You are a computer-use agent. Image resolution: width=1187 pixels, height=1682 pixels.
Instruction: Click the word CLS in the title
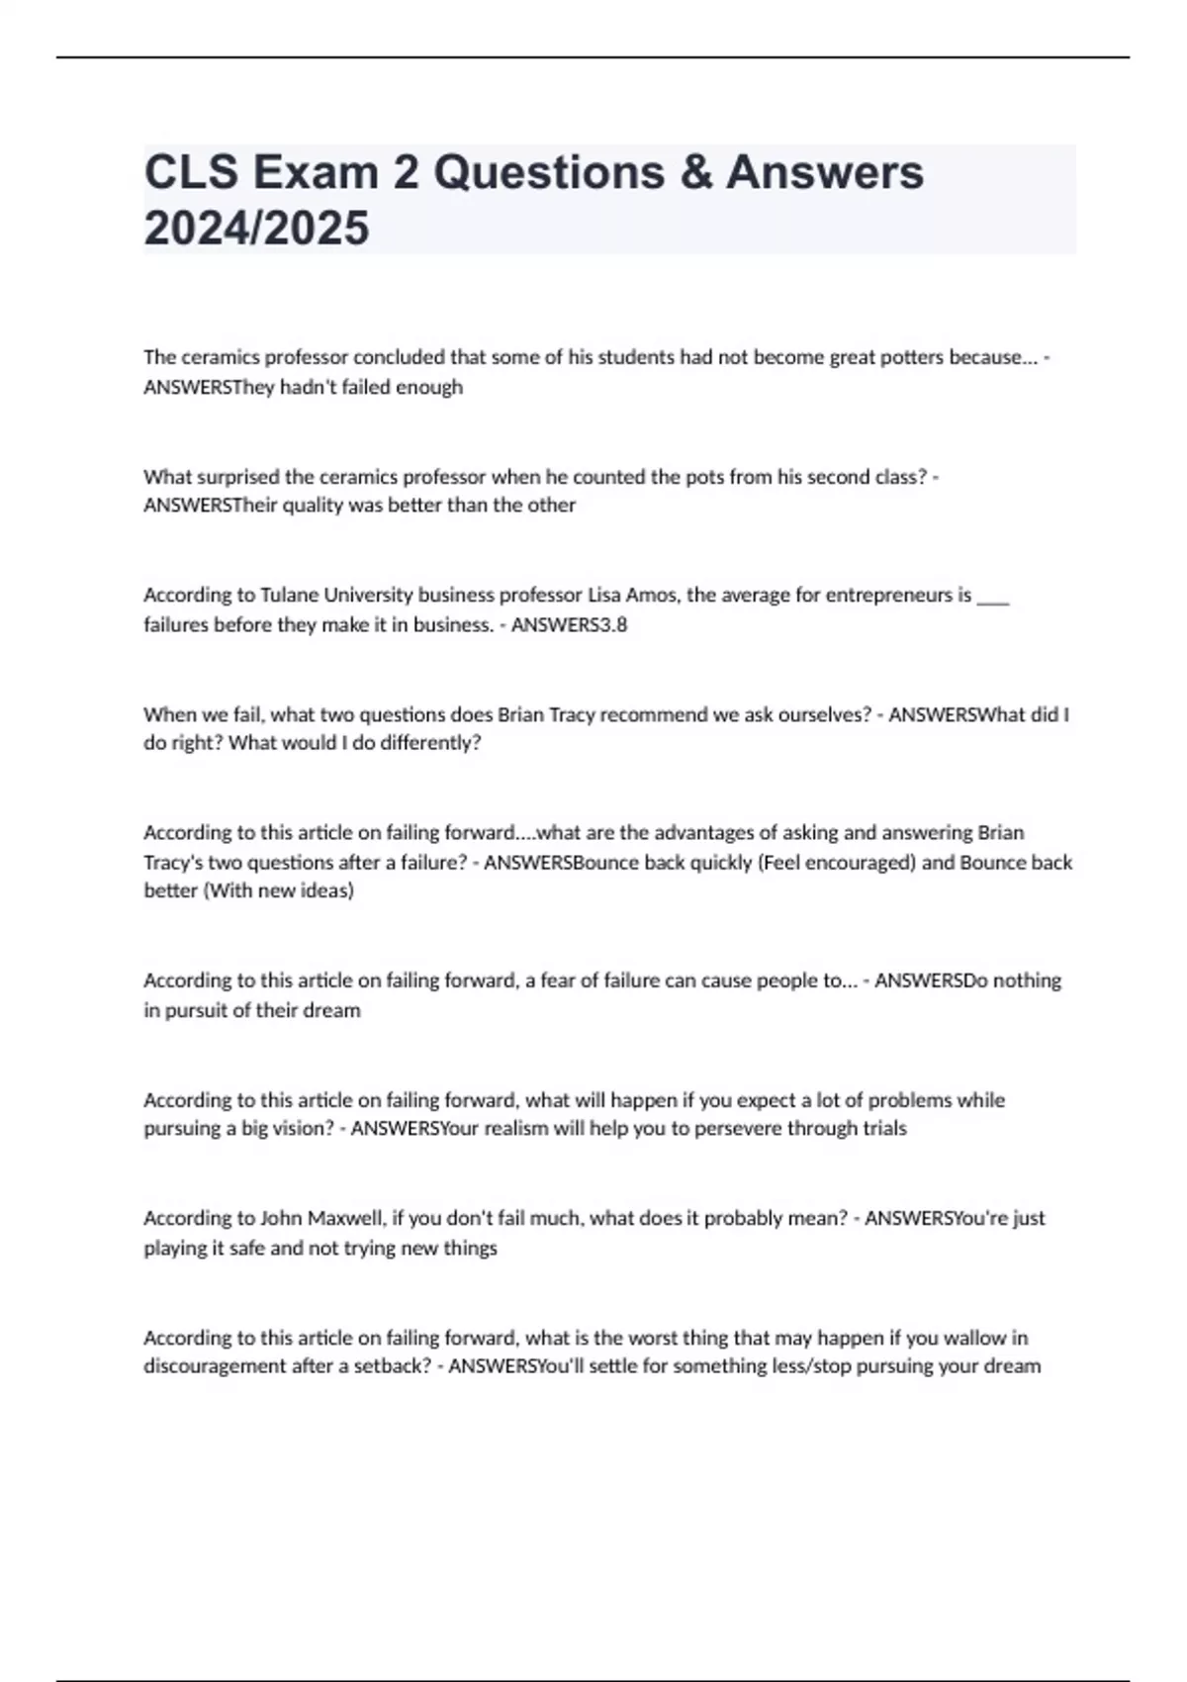(191, 172)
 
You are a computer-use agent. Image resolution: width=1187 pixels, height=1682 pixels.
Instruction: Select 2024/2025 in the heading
(256, 228)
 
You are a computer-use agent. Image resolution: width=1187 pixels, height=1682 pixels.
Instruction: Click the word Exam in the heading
(317, 172)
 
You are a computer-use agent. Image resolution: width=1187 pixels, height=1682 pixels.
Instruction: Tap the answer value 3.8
(613, 625)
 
